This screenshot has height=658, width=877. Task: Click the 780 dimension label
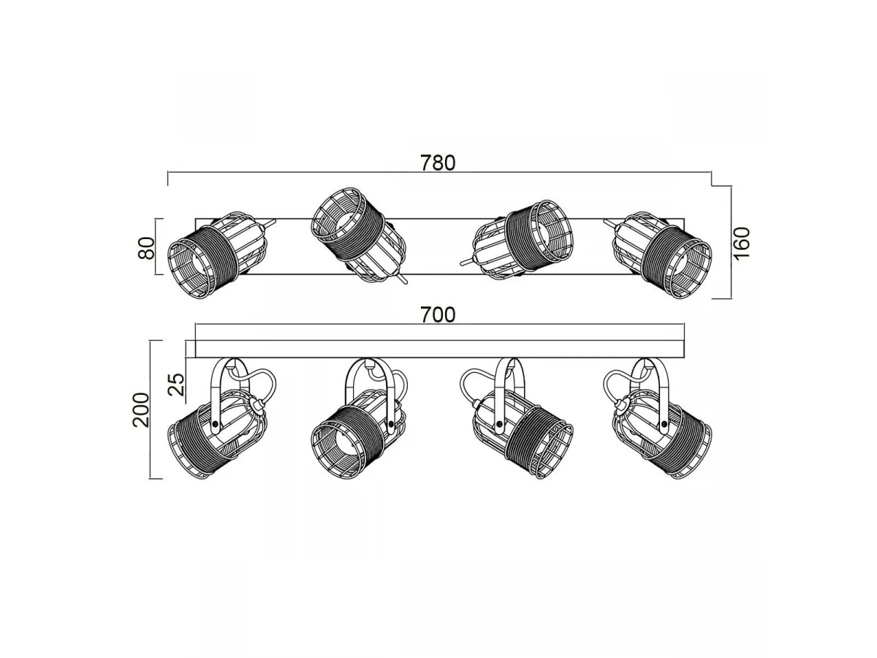(x=438, y=163)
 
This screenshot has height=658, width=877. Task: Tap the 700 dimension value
(x=438, y=315)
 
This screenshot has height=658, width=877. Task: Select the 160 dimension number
(x=742, y=243)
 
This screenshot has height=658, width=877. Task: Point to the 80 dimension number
(x=146, y=248)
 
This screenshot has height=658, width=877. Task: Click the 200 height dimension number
(x=140, y=410)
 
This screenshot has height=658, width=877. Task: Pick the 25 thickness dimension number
(x=176, y=385)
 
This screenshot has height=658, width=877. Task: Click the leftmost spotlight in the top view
(x=221, y=254)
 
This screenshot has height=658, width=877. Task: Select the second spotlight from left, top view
(x=359, y=235)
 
